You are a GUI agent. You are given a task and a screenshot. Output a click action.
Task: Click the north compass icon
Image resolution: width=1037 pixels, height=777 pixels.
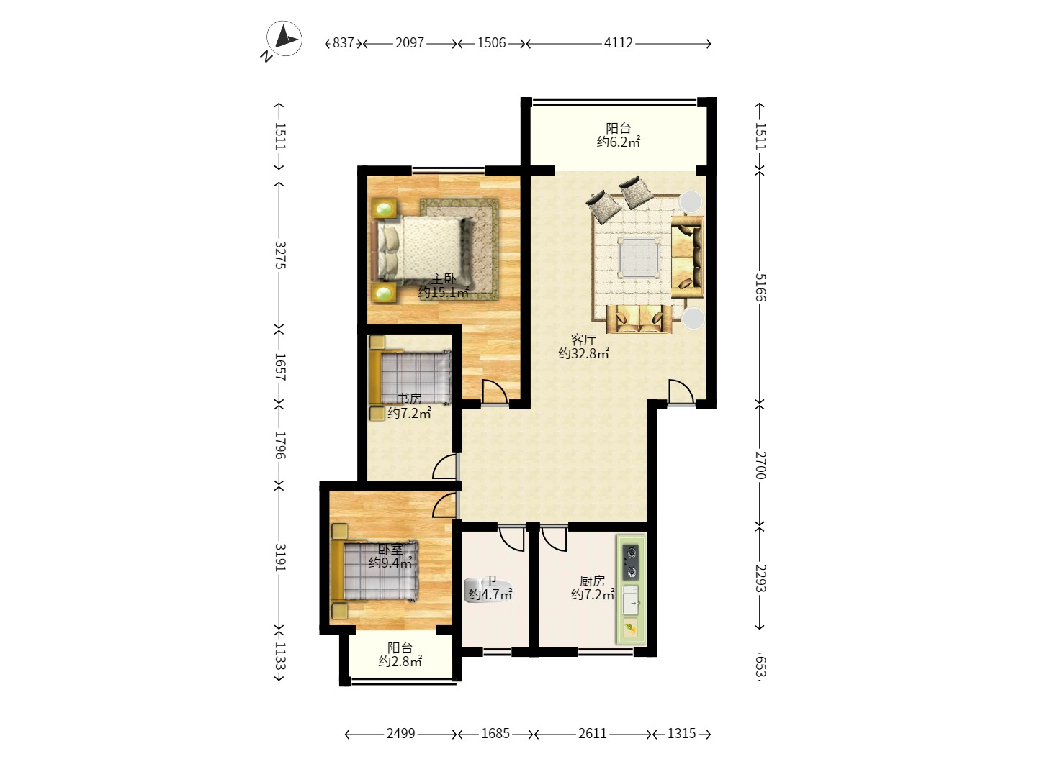tap(284, 39)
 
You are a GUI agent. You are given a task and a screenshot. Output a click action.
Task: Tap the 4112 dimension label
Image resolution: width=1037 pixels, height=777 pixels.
tap(618, 43)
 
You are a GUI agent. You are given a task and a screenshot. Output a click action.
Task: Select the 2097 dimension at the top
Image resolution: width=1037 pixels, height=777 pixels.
tap(410, 43)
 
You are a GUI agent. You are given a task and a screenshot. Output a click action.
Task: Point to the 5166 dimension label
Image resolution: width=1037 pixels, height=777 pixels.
tap(760, 287)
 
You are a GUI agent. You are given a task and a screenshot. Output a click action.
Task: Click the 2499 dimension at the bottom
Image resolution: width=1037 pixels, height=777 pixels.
tap(400, 734)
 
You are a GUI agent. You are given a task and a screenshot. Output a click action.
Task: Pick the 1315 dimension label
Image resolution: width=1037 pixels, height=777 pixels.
tap(681, 734)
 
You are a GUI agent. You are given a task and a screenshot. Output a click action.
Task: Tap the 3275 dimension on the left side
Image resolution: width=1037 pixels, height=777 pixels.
tap(280, 255)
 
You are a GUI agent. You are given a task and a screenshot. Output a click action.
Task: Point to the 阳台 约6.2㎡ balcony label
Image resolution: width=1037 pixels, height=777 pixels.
tap(619, 135)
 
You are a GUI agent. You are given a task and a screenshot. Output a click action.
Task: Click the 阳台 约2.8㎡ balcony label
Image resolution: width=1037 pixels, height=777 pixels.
tap(400, 655)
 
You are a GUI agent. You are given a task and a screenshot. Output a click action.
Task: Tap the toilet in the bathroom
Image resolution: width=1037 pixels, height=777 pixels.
tap(489, 590)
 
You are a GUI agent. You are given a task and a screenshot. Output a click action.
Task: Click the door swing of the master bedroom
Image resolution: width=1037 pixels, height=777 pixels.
tap(495, 391)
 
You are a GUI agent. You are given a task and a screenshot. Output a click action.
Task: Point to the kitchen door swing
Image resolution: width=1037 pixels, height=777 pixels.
tap(554, 538)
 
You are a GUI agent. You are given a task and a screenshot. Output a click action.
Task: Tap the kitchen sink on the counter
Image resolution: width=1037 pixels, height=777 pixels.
tap(631, 600)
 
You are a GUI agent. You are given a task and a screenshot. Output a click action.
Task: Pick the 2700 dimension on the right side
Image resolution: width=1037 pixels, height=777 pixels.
tap(760, 465)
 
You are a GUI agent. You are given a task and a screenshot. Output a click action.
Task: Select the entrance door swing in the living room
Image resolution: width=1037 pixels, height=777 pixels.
tap(681, 391)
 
